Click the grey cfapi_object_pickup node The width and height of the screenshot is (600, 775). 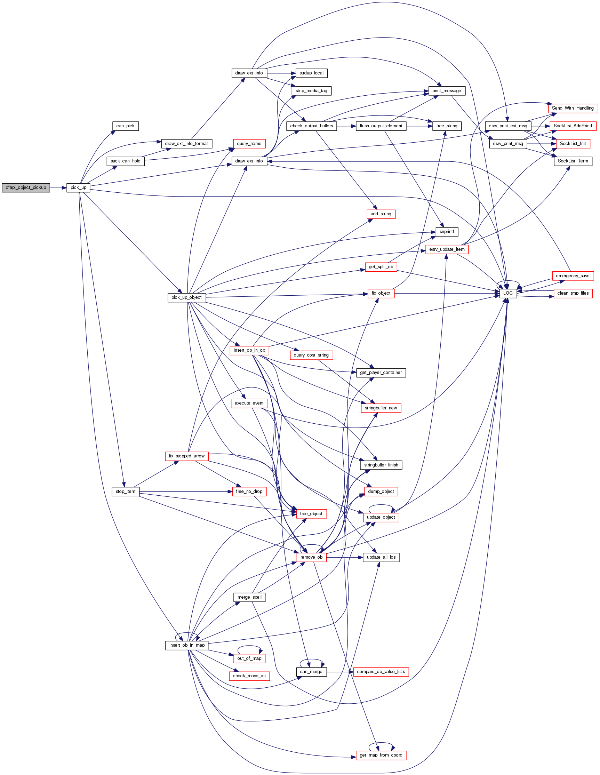point(26,188)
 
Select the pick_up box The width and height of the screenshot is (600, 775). point(78,188)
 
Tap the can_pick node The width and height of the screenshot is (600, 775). point(125,126)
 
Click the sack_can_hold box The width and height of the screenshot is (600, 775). point(126,161)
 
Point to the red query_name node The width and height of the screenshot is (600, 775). point(249,144)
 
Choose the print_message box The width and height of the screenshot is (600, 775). point(446,91)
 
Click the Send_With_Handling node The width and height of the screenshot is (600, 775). point(572,108)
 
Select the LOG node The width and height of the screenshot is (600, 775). point(508,293)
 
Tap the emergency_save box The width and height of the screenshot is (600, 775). point(572,276)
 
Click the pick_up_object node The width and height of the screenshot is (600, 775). point(186,297)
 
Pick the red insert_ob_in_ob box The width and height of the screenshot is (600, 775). point(249,350)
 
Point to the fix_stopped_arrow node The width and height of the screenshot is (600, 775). point(187,456)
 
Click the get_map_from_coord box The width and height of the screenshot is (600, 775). point(381,755)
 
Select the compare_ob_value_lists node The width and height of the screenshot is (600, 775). point(381,672)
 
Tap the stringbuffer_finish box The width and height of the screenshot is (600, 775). point(381,465)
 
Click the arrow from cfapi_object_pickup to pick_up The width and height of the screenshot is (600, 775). point(58,188)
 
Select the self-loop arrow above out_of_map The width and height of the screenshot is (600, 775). point(249,647)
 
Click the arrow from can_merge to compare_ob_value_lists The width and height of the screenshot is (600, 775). point(340,672)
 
